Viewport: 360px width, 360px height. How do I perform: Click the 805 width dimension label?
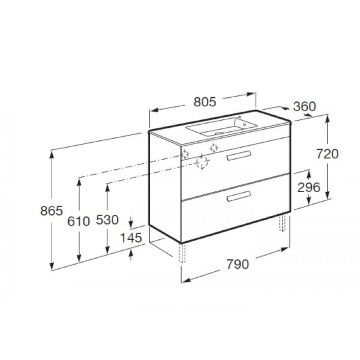tap(205, 102)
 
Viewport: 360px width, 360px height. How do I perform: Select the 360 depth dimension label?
tap(305, 106)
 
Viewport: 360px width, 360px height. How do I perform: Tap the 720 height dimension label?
tap(328, 154)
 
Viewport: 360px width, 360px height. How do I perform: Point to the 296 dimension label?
tap(309, 188)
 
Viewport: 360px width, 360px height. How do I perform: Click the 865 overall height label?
tap(51, 211)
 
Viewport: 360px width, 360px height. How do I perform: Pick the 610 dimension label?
tap(78, 221)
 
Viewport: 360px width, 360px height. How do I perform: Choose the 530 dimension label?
tap(107, 220)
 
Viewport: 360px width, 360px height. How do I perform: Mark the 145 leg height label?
tap(131, 238)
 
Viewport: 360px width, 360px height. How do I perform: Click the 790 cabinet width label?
tap(238, 264)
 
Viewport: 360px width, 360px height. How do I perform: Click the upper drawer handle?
tap(238, 156)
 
